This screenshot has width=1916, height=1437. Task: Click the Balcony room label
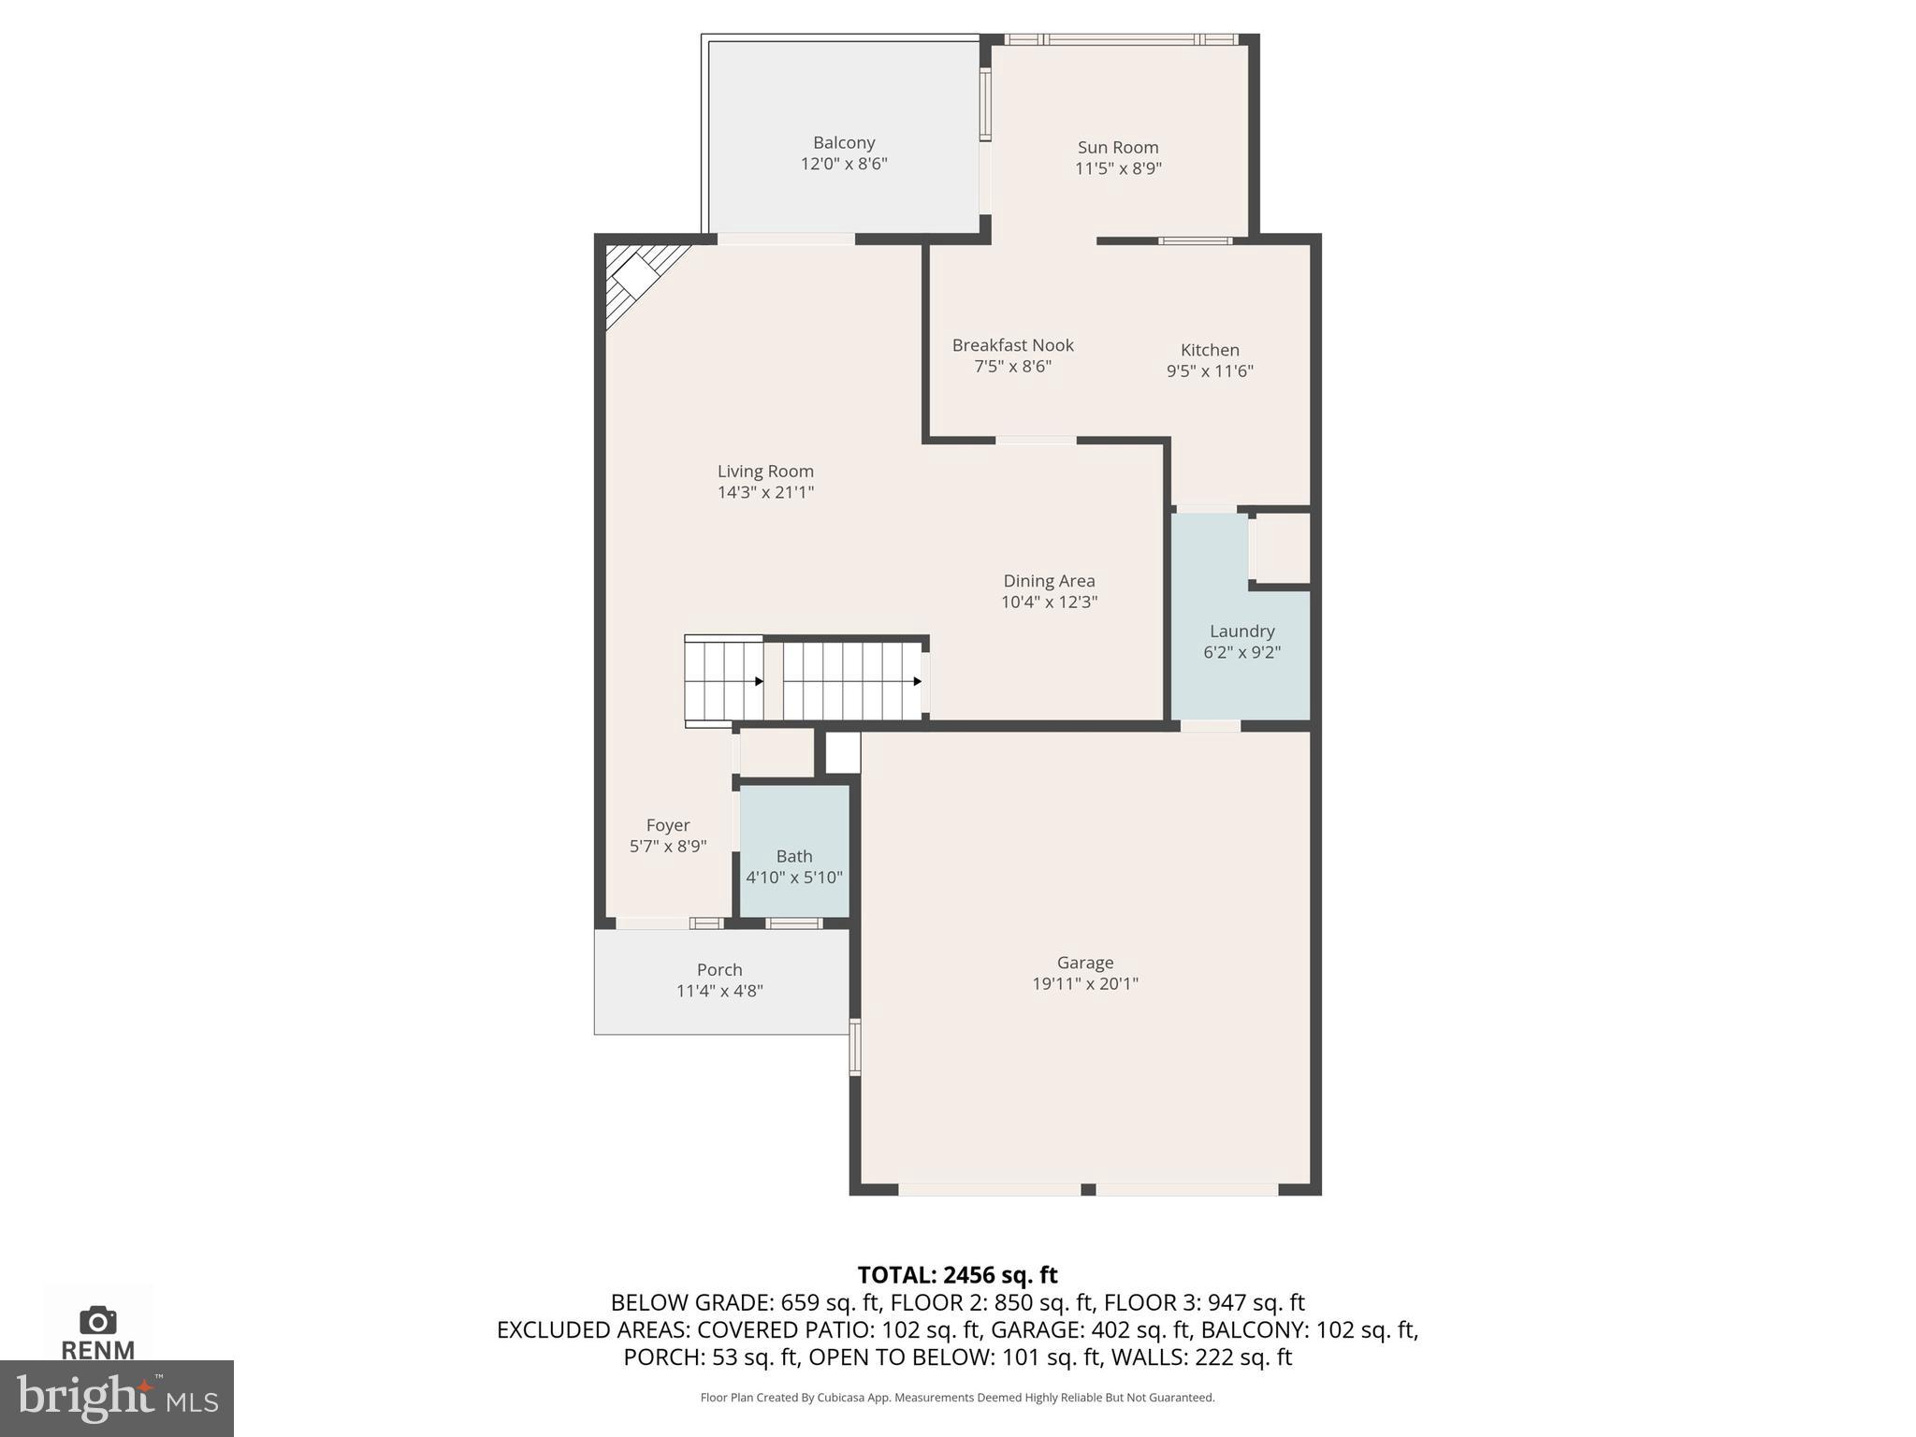843,142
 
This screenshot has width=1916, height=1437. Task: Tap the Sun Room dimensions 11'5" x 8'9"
1118,168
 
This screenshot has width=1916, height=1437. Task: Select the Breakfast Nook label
1012,345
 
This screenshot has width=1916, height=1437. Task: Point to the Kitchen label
1209,350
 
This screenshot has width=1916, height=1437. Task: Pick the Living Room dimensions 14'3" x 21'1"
765,492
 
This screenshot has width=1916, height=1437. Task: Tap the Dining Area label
1049,581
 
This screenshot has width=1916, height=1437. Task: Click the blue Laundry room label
1241,631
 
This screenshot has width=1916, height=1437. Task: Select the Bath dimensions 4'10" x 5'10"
793,878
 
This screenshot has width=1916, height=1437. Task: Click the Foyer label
667,825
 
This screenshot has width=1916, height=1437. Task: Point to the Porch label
718,970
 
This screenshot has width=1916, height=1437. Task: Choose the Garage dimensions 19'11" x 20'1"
1084,983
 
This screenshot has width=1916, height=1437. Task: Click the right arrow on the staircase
917,681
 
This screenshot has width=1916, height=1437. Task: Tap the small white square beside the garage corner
842,753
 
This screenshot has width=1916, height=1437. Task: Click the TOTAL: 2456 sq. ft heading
957,1275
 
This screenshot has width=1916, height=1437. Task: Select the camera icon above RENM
97,1321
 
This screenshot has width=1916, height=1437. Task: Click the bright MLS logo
116,1398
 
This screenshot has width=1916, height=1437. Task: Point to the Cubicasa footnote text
957,1398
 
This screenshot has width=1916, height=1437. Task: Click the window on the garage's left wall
854,1047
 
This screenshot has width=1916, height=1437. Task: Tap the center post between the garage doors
1088,1189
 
